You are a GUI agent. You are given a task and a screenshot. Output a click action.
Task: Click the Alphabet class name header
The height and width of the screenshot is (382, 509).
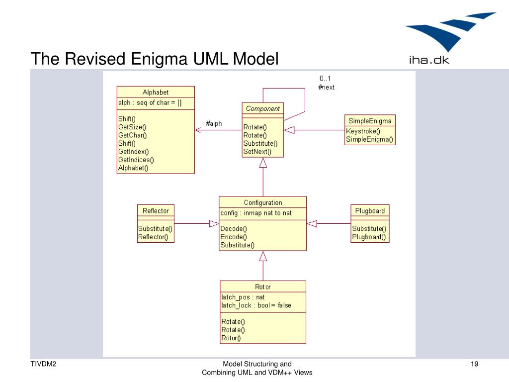[156, 92]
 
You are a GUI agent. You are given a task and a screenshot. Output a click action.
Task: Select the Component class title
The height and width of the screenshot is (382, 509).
[262, 108]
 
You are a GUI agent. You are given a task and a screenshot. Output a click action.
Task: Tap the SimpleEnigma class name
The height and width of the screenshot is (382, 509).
[370, 121]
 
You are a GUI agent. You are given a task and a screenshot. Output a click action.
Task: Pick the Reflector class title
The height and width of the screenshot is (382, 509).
[156, 211]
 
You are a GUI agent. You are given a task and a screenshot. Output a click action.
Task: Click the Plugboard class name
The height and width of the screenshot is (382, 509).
[370, 211]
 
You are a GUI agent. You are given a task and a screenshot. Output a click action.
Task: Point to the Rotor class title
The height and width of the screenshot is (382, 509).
[262, 287]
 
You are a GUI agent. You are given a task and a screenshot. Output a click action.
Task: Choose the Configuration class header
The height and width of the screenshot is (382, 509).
[263, 203]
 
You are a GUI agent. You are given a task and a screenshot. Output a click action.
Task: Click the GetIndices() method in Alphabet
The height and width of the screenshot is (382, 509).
[136, 160]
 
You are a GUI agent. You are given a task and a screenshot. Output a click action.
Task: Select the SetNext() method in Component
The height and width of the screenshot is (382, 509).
[257, 152]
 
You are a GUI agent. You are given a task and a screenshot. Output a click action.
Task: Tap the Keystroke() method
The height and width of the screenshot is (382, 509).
[363, 131]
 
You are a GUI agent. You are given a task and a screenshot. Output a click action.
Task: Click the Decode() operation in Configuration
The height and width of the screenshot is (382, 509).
[234, 229]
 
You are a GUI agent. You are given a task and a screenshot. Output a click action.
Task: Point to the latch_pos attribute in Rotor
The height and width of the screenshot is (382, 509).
[243, 297]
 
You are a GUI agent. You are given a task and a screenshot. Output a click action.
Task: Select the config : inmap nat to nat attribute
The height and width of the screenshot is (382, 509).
[256, 213]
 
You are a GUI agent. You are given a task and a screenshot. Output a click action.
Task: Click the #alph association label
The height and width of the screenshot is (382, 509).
[214, 123]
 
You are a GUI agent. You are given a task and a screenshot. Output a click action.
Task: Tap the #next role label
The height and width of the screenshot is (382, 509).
[326, 88]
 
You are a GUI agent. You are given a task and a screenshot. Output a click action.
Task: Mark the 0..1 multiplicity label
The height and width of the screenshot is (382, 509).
[325, 78]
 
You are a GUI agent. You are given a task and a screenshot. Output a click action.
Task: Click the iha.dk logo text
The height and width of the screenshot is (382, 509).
[429, 60]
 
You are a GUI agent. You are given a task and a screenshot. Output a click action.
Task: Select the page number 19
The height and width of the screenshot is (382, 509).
[474, 364]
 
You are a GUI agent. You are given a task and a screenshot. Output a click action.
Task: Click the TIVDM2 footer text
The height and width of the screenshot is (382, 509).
[44, 364]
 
